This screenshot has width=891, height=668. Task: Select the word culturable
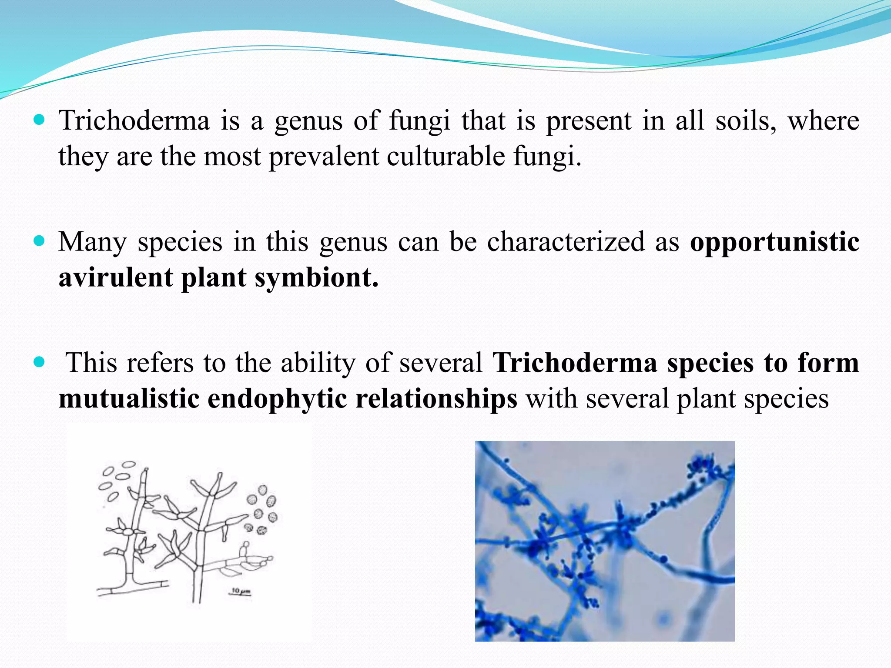point(445,157)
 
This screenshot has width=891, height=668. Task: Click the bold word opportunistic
point(774,243)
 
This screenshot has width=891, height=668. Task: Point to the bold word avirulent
point(115,277)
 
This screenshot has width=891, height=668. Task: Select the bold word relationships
point(436,399)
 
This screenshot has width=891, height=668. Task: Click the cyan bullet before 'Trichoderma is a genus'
point(39,120)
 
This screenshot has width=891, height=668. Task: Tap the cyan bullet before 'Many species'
point(39,241)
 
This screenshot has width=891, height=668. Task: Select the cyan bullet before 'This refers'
point(39,362)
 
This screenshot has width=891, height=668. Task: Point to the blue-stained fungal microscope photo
point(605,541)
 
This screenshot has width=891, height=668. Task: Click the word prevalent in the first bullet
point(324,157)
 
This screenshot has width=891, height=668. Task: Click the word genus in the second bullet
point(353,243)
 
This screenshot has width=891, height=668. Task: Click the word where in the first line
point(823,121)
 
